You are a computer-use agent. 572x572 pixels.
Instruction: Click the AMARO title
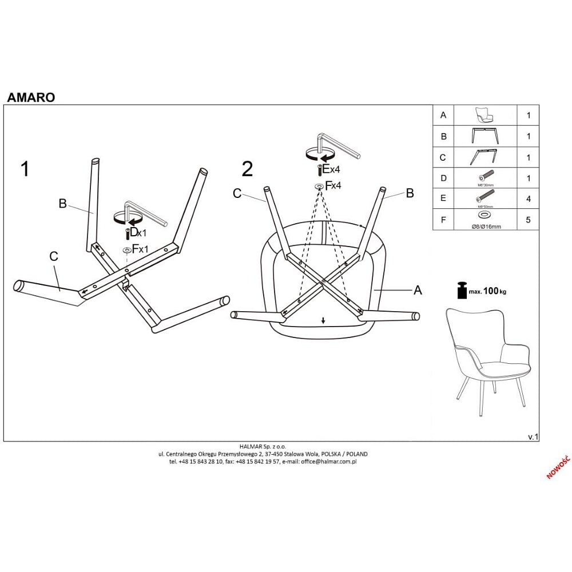tap(31, 97)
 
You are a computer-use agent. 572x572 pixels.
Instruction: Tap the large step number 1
tap(25, 169)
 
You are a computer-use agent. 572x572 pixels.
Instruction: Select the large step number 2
tap(247, 169)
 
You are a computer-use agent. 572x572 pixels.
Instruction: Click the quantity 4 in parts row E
tap(529, 199)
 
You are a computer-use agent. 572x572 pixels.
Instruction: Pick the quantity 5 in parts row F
tap(529, 220)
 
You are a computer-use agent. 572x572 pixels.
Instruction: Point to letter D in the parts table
tap(443, 178)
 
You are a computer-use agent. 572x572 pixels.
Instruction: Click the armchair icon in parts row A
tap(484, 116)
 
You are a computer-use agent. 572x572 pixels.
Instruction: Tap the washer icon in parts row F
tap(484, 214)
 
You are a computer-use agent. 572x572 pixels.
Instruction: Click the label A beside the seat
tap(418, 291)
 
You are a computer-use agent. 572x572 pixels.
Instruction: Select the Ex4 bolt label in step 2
tap(331, 169)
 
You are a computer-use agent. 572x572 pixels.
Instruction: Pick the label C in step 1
tap(54, 257)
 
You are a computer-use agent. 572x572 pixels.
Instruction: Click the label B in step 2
tap(410, 193)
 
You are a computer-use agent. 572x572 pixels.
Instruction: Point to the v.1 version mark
tap(533, 436)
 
